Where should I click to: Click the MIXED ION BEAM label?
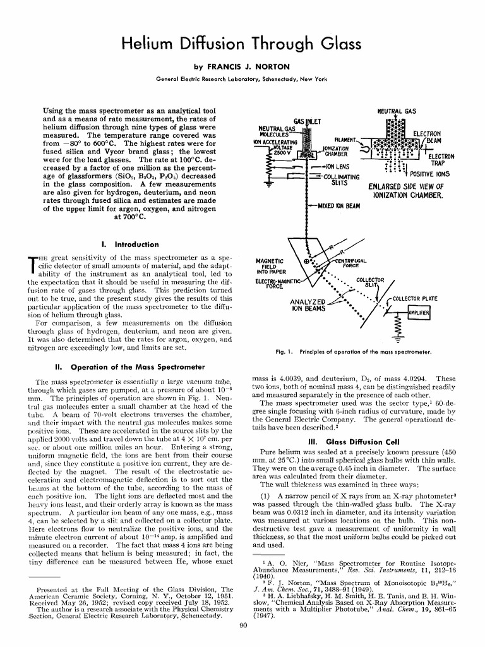coord(338,206)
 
